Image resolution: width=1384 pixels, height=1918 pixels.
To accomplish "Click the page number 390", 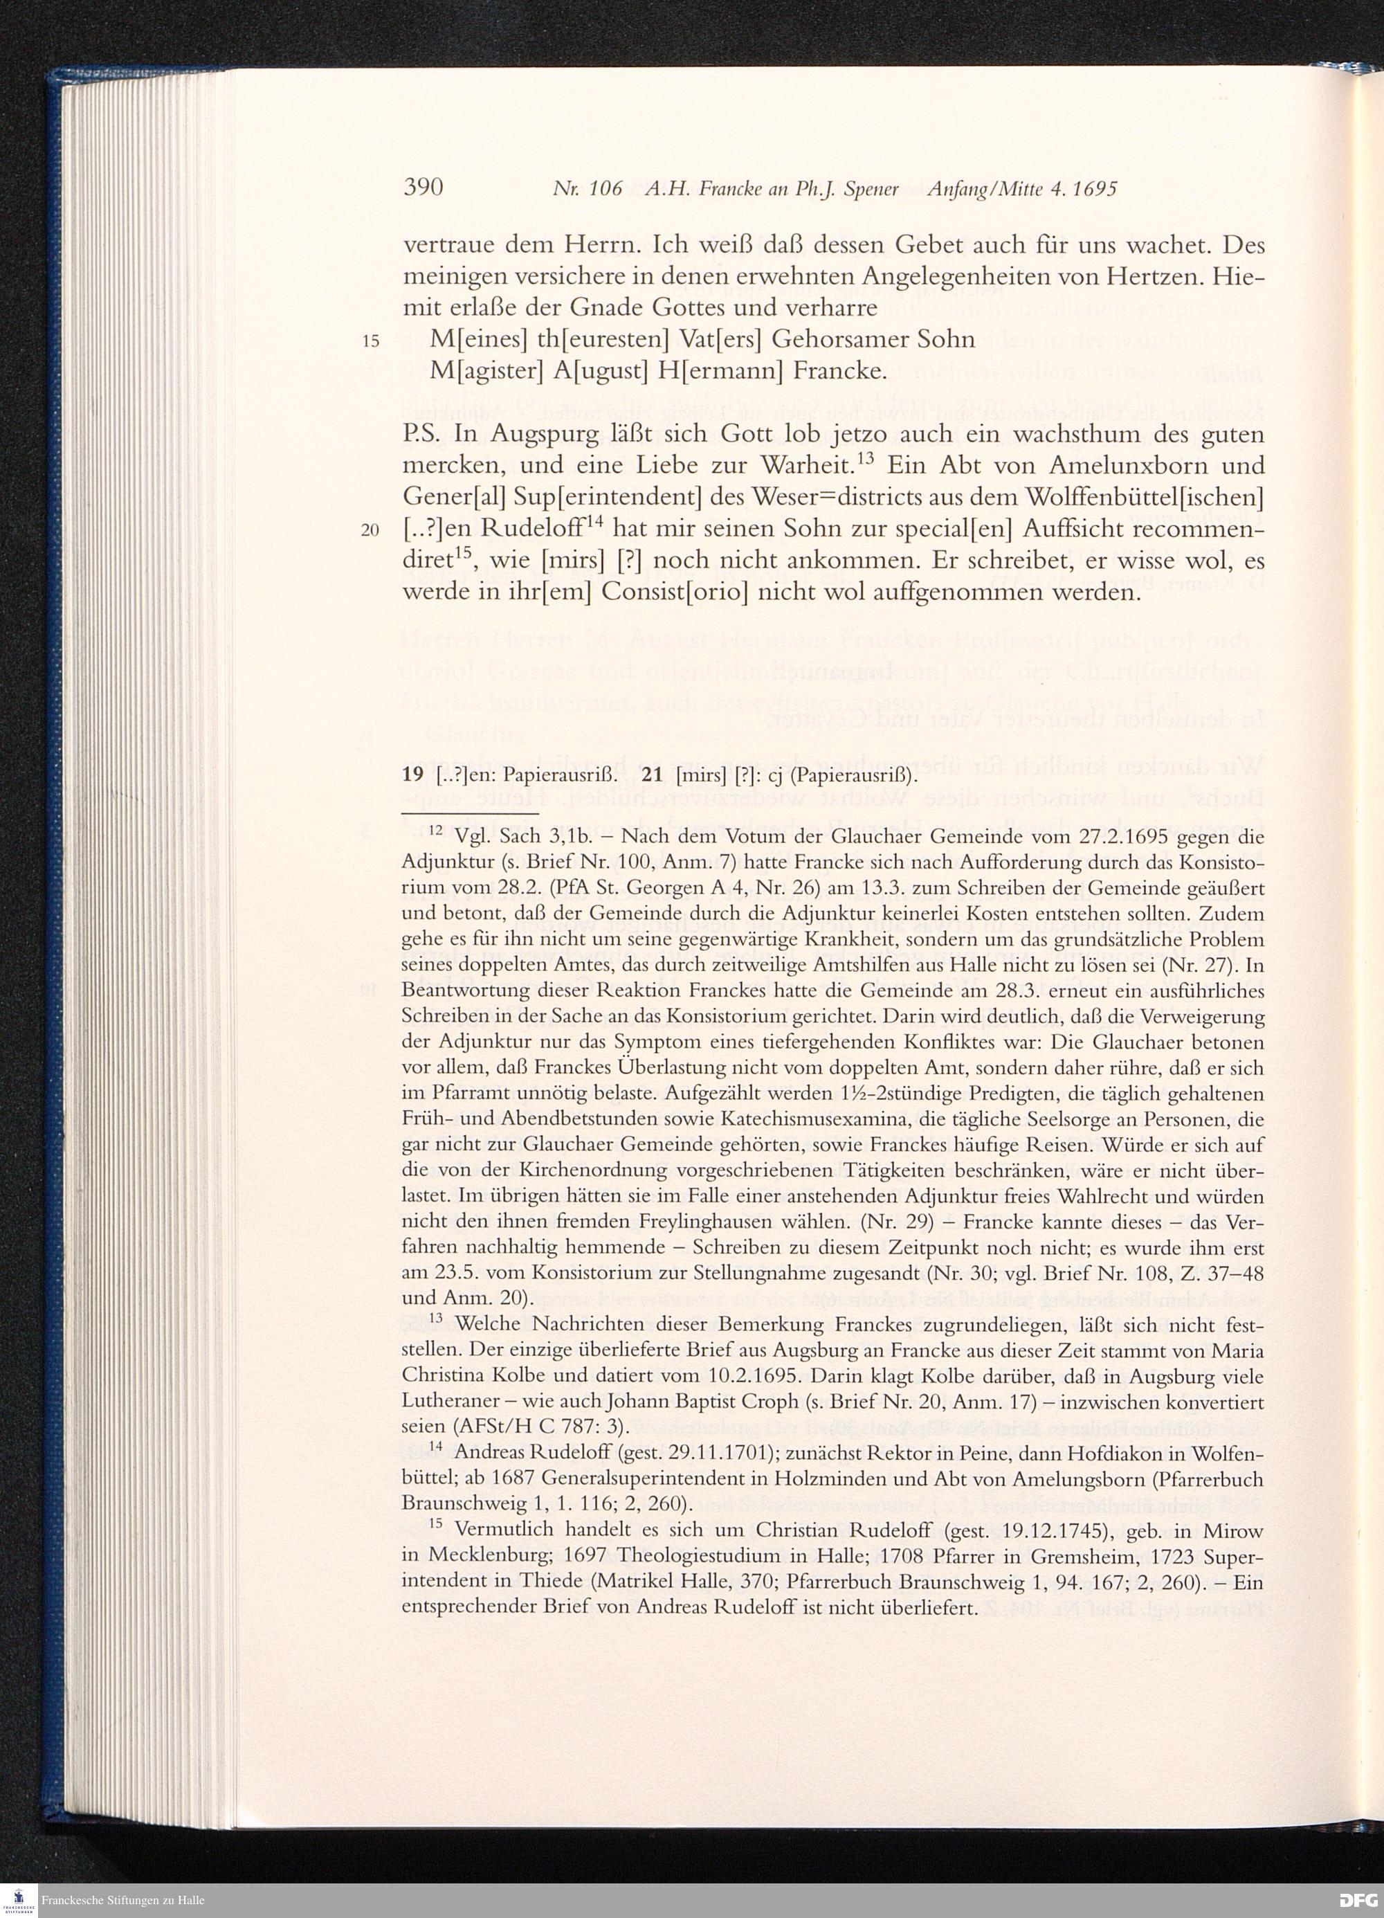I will point(424,188).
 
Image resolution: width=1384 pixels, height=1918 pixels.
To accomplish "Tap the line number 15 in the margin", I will point(371,342).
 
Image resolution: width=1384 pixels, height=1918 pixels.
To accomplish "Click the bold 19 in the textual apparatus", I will point(412,775).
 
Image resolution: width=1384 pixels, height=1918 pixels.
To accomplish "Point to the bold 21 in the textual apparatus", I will point(653,775).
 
